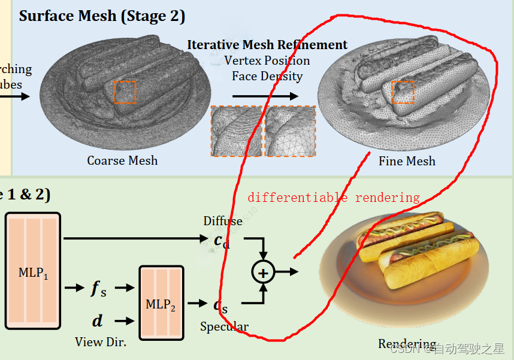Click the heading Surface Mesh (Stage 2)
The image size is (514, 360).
pos(102,16)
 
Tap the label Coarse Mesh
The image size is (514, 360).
pos(122,161)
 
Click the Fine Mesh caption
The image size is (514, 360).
pos(407,161)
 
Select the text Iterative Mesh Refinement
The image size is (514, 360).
pos(267,45)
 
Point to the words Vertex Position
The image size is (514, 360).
pos(267,60)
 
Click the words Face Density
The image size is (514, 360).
pos(267,76)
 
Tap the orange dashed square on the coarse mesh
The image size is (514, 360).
pos(125,92)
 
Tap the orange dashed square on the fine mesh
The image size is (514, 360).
pos(403,92)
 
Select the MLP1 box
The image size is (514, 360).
pos(33,270)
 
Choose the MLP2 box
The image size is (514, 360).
pos(161,303)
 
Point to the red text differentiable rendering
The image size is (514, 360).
pos(334,198)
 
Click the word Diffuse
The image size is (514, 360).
pos(223,221)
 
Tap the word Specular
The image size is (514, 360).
pos(224,326)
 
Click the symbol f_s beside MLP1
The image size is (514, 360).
pos(98,288)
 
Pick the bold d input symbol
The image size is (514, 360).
pos(97,321)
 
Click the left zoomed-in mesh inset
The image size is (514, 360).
pos(236,131)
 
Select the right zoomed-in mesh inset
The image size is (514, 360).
pos(291,131)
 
